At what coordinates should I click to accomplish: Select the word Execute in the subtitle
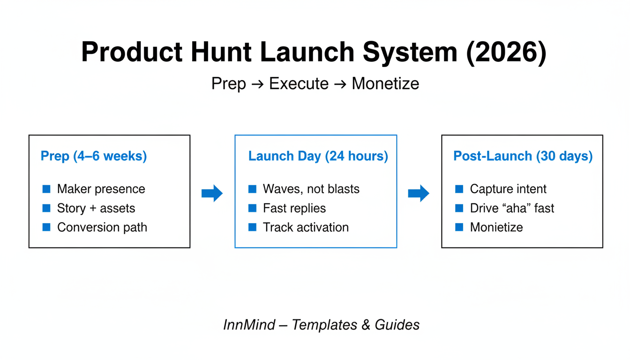point(299,84)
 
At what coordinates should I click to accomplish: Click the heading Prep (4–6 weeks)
point(94,156)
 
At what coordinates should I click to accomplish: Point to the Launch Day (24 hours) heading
point(318,156)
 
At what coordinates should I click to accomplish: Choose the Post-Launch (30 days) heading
point(523,156)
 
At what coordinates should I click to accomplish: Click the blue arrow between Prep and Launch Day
point(212,193)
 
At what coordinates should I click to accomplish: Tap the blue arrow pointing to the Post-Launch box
point(419,193)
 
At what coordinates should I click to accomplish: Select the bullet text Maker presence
point(101,189)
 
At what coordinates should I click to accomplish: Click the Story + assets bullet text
point(96,208)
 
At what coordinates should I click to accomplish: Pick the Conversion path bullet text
point(102,227)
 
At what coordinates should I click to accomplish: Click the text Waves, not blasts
point(311,189)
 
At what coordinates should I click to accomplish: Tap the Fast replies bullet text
point(294,208)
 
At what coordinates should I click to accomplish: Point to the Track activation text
point(306,227)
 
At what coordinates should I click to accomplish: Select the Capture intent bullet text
point(508,189)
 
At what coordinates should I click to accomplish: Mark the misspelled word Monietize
point(496,227)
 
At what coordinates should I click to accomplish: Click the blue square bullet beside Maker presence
point(46,189)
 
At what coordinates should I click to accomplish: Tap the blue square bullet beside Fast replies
point(252,208)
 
